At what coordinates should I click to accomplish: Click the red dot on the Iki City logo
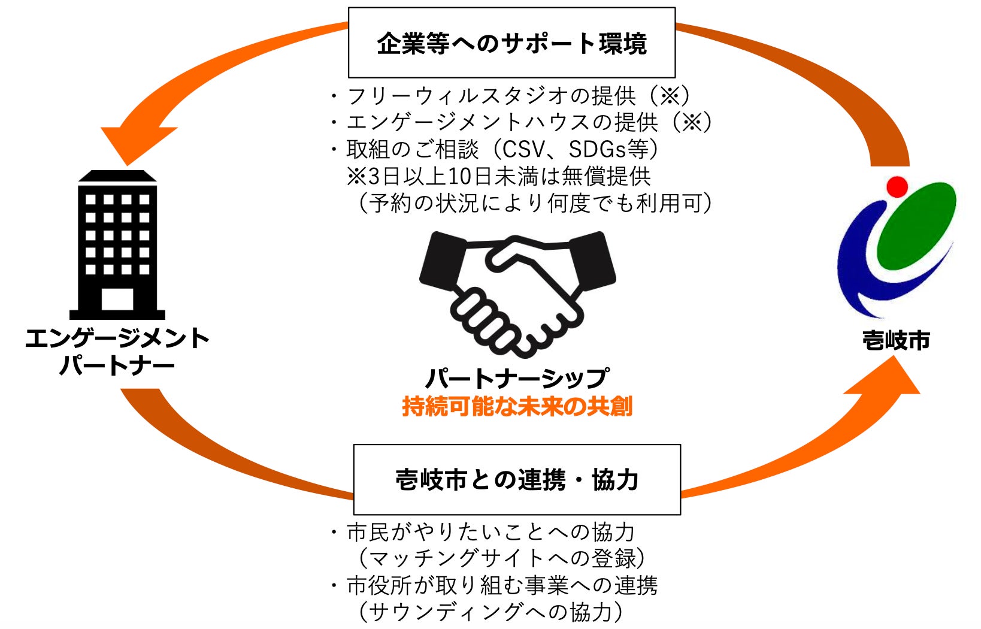(897, 186)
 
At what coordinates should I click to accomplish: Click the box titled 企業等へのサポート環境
(511, 43)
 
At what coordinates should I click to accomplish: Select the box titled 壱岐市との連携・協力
(517, 479)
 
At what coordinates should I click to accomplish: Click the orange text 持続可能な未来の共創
(517, 407)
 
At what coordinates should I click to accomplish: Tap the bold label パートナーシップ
(517, 378)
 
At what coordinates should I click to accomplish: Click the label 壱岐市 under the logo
(896, 341)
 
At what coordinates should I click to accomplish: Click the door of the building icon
(117, 298)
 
